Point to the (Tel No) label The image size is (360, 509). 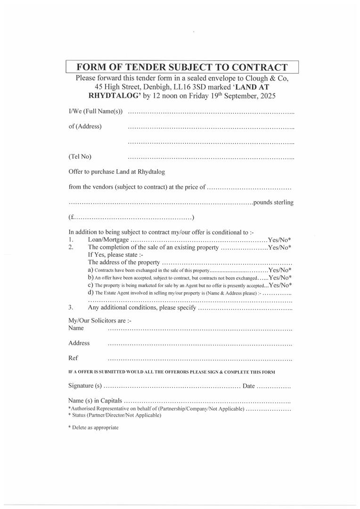(80, 156)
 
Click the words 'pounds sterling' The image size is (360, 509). (273, 203)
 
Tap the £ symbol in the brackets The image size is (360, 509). (73, 218)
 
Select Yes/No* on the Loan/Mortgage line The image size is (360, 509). (279, 239)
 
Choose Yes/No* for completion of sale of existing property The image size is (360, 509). (279, 247)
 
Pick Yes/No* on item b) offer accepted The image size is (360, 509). (280, 278)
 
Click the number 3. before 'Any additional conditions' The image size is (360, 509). (70, 308)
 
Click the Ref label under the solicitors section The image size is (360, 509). (73, 358)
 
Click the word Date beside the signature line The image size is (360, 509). (248, 386)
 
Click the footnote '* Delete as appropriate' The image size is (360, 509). (93, 427)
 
